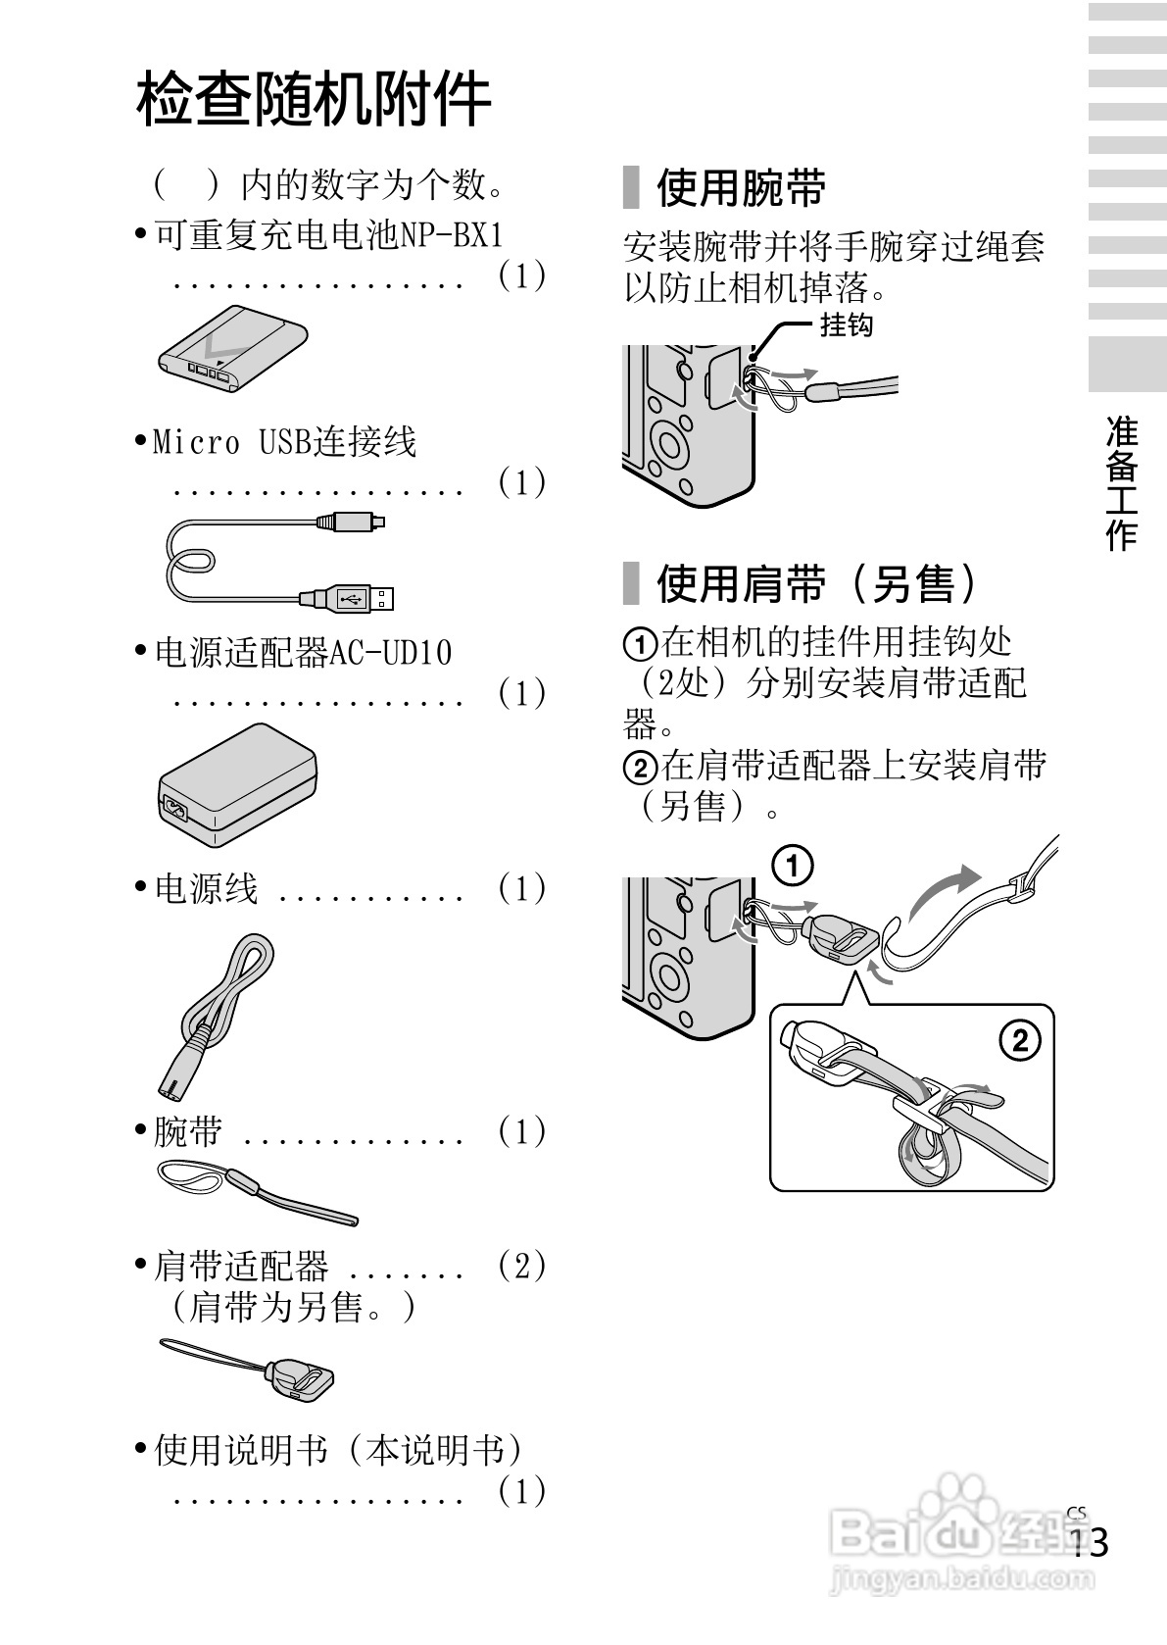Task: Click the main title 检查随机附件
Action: coord(314,99)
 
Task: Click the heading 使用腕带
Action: coord(740,187)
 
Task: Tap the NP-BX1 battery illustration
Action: coord(233,350)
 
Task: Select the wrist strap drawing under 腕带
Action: coord(257,1189)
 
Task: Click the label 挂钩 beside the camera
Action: coord(845,325)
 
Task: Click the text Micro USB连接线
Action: coord(284,441)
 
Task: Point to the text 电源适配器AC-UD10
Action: coord(303,652)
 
